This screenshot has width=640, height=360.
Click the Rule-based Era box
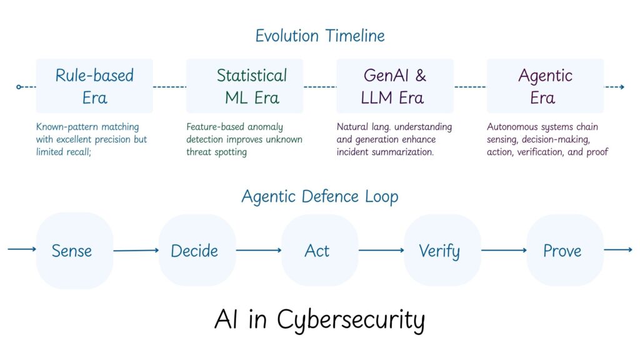point(94,86)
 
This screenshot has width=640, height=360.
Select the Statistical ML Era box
point(244,86)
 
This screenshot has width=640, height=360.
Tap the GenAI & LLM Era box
point(394,86)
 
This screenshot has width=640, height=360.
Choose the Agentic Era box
point(545,86)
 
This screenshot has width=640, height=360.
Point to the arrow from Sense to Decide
point(136,251)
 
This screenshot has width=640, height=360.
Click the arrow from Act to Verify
point(381,251)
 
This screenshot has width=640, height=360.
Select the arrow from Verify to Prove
point(503,251)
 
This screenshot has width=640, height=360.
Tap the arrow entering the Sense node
point(22,249)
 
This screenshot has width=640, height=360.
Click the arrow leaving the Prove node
point(618,250)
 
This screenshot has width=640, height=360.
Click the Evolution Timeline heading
point(319,36)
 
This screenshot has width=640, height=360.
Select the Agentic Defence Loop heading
point(319,196)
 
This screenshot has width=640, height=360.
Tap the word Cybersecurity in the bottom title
point(351,320)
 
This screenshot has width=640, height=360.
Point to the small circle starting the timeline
point(19,87)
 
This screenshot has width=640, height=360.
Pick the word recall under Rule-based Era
point(77,152)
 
